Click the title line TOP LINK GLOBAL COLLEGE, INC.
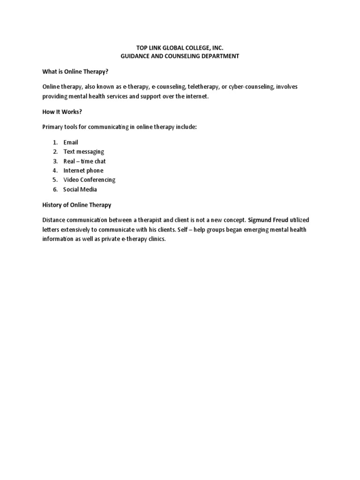pyautogui.click(x=180, y=47)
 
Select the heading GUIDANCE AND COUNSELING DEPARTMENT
pyautogui.click(x=180, y=56)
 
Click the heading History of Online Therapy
pyautogui.click(x=77, y=205)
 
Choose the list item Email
pyautogui.click(x=71, y=142)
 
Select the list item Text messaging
pyautogui.click(x=83, y=151)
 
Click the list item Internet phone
pyautogui.click(x=83, y=170)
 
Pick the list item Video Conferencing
pyautogui.click(x=89, y=180)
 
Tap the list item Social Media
pyautogui.click(x=80, y=189)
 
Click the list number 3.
pyautogui.click(x=55, y=161)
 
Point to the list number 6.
pyautogui.click(x=55, y=189)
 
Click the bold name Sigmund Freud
pyautogui.click(x=268, y=220)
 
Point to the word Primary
pyautogui.click(x=53, y=127)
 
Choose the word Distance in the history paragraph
pyautogui.click(x=54, y=220)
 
